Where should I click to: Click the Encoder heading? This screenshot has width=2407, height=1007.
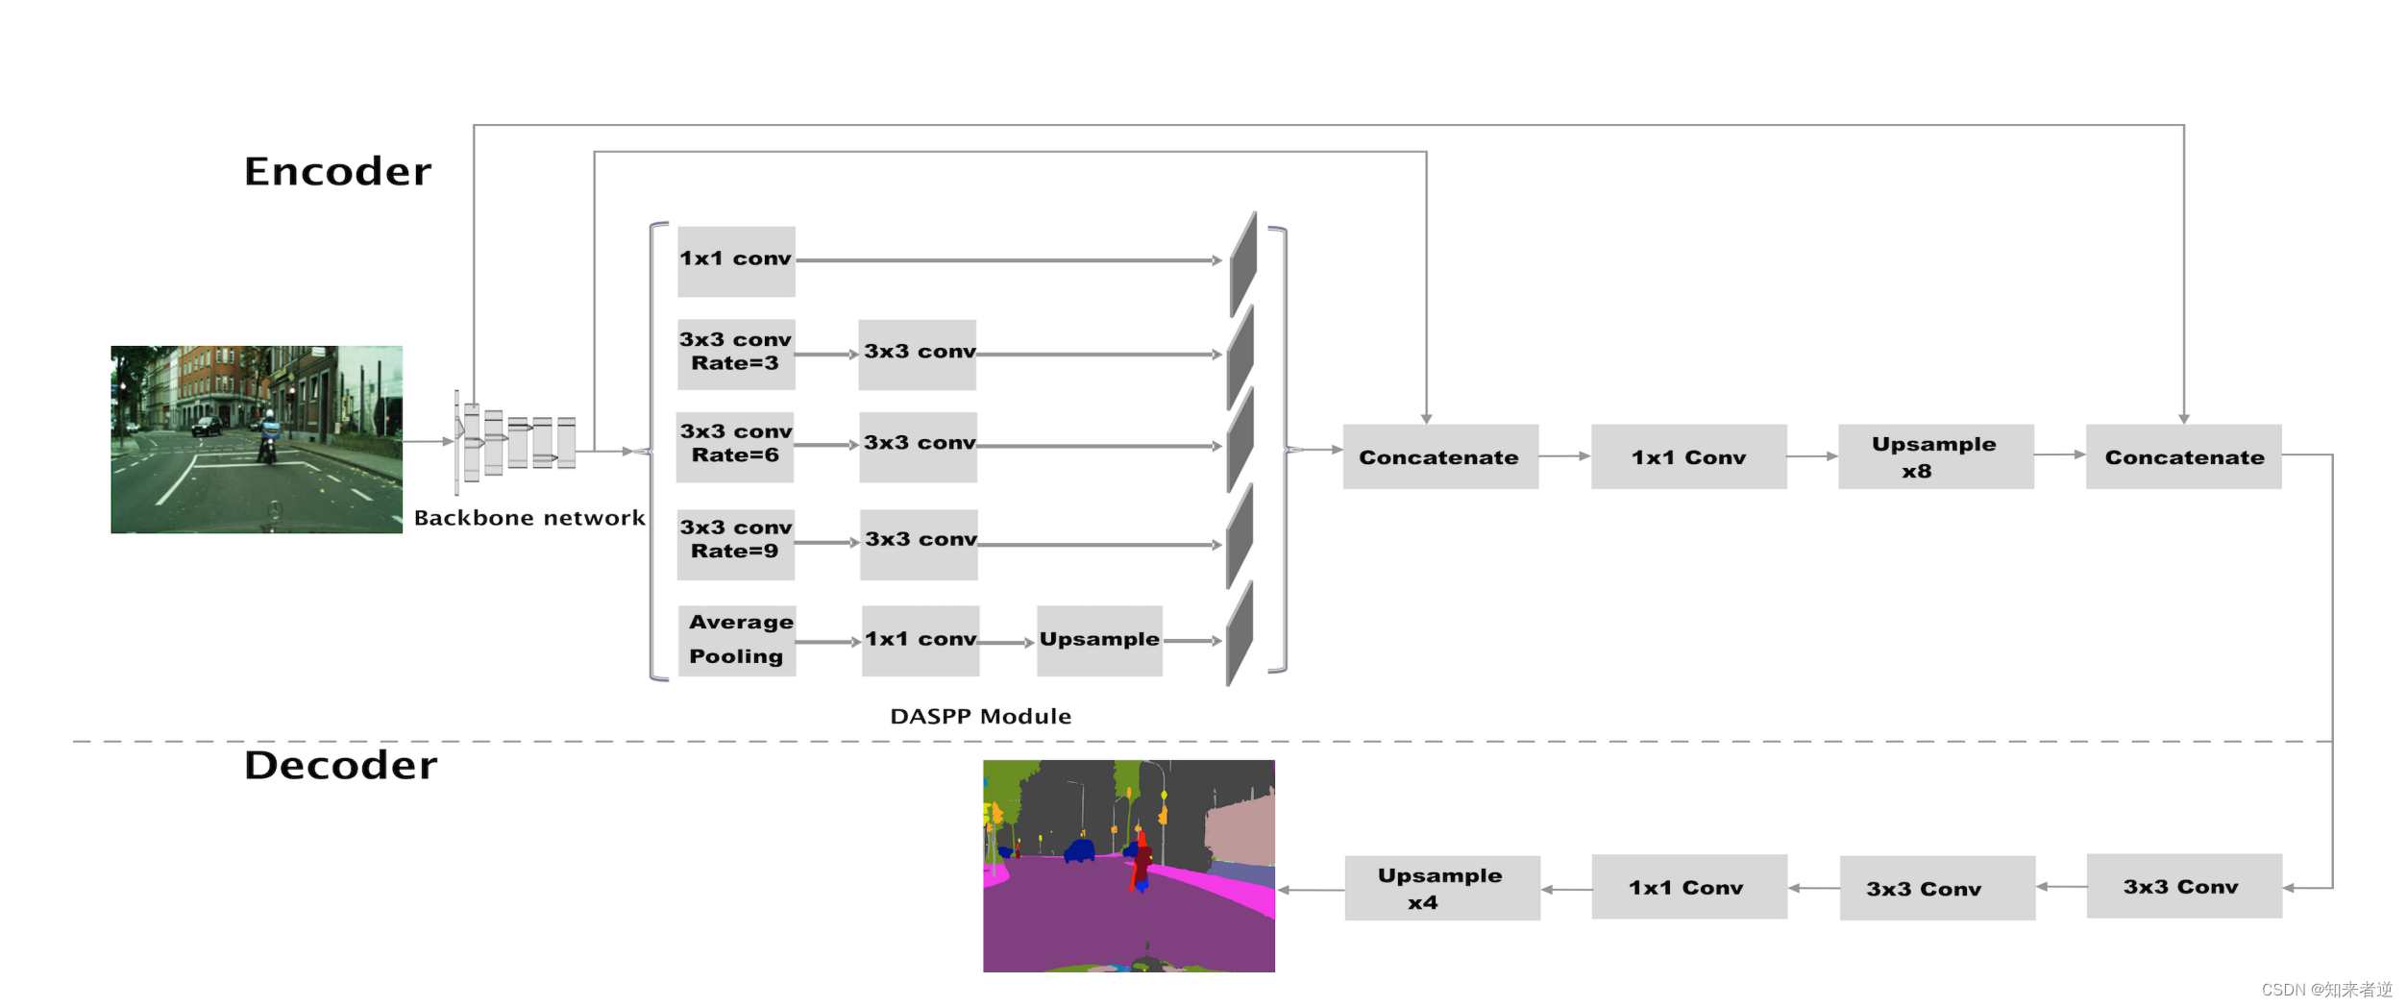click(x=337, y=171)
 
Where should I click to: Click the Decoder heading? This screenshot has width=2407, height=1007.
click(x=340, y=765)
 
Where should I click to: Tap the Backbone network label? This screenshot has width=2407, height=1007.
click(x=529, y=518)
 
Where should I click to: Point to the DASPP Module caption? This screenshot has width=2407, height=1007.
click(x=980, y=716)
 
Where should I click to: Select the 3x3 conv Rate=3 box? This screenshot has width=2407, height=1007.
click(x=736, y=355)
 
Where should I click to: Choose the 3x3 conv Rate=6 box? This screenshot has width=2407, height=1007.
click(x=736, y=447)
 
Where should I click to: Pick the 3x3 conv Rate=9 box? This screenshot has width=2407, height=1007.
click(x=736, y=545)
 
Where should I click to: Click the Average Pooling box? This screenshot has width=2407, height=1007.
click(x=737, y=641)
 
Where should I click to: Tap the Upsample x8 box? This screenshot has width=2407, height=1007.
click(x=1936, y=456)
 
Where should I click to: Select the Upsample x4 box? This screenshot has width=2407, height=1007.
click(x=1442, y=888)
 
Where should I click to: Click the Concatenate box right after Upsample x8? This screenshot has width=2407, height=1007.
click(x=2184, y=456)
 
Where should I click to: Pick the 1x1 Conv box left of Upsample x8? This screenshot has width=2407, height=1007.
click(x=1689, y=456)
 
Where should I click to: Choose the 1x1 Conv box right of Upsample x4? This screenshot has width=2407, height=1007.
click(x=1689, y=887)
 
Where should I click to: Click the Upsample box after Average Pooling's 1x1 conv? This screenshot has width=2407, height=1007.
click(x=1100, y=641)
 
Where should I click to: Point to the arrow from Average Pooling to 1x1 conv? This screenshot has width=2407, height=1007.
click(x=828, y=642)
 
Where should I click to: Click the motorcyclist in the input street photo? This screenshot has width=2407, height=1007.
click(x=268, y=437)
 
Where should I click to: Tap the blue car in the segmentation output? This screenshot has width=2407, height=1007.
click(x=1080, y=850)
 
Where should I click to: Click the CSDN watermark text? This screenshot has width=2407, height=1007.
click(x=2326, y=990)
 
